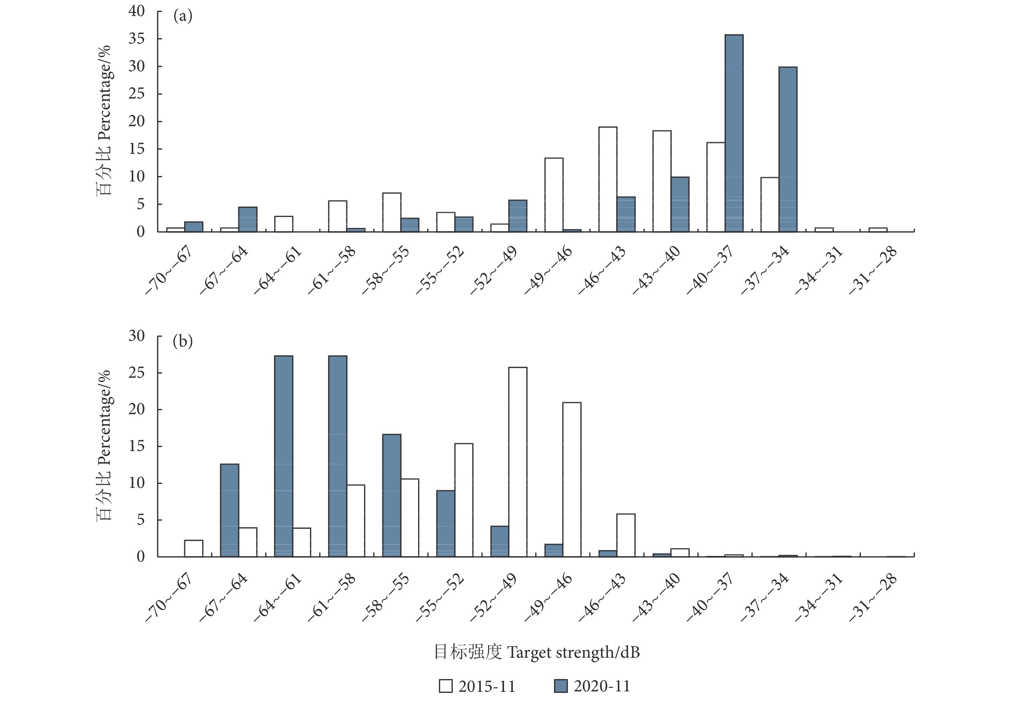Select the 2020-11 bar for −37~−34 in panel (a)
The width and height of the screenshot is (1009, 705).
[x=788, y=149]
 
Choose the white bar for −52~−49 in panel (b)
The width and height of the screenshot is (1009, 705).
[x=518, y=462]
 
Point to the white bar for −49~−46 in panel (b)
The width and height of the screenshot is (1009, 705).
[x=572, y=479]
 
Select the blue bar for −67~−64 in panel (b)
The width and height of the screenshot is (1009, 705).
[x=229, y=510]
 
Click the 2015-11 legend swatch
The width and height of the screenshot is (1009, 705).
[x=446, y=686]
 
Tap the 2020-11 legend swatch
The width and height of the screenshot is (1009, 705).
[x=561, y=686]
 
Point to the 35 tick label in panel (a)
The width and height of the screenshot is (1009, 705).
[x=136, y=39]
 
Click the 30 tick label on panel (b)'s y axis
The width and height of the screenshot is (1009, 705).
[x=136, y=336]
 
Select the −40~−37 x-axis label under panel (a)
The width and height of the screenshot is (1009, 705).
[x=710, y=270]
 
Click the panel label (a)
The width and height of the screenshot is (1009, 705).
[x=183, y=16]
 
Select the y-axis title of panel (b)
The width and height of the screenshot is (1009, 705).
[x=104, y=445]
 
